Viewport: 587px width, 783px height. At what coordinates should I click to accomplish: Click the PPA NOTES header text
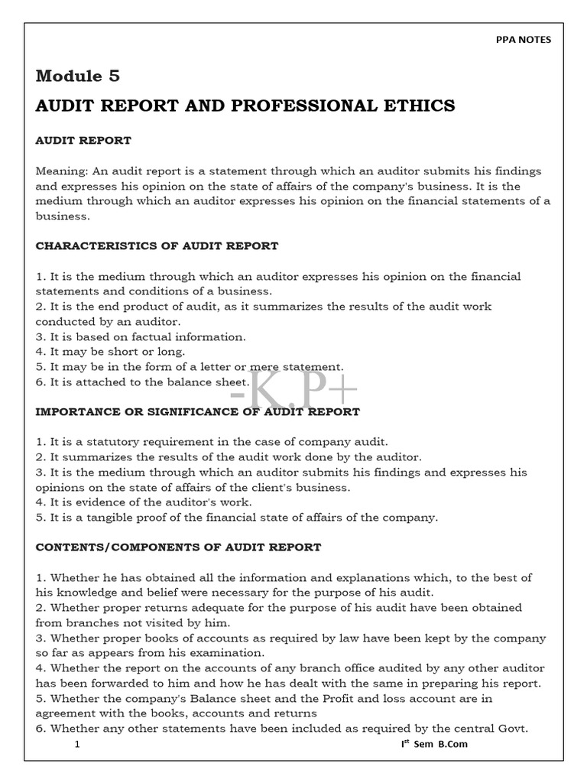point(524,40)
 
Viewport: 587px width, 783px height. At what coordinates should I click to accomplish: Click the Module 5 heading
point(78,76)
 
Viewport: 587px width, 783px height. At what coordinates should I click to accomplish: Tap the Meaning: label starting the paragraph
point(63,171)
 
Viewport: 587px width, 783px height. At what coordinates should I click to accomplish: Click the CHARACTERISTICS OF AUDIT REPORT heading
point(157,246)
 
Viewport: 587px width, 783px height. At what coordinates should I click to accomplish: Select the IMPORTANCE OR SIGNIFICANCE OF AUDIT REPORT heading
point(197,411)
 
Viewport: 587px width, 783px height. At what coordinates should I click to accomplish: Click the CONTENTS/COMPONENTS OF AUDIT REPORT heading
point(178,547)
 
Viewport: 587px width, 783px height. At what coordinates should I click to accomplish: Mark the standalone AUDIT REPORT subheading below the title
point(83,141)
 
